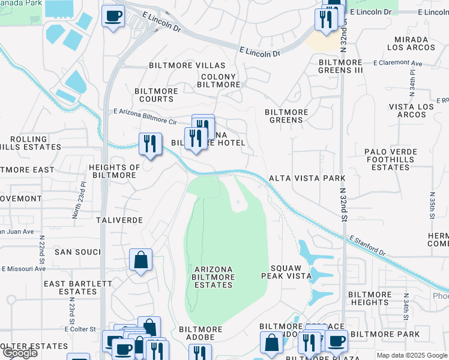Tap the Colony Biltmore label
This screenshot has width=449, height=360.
[x=220, y=81]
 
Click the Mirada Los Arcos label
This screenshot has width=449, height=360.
[x=411, y=43]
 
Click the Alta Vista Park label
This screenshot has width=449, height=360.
[x=307, y=178]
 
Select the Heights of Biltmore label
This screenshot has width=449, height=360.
[x=113, y=171]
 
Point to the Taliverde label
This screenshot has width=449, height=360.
[x=119, y=220]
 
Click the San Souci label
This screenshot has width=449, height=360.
[x=77, y=252]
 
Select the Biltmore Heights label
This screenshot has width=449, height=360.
[x=370, y=298]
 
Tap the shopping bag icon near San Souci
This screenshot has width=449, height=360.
[x=140, y=260]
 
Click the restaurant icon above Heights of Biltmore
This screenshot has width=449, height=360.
[x=150, y=143]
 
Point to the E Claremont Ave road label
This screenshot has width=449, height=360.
[x=397, y=63]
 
